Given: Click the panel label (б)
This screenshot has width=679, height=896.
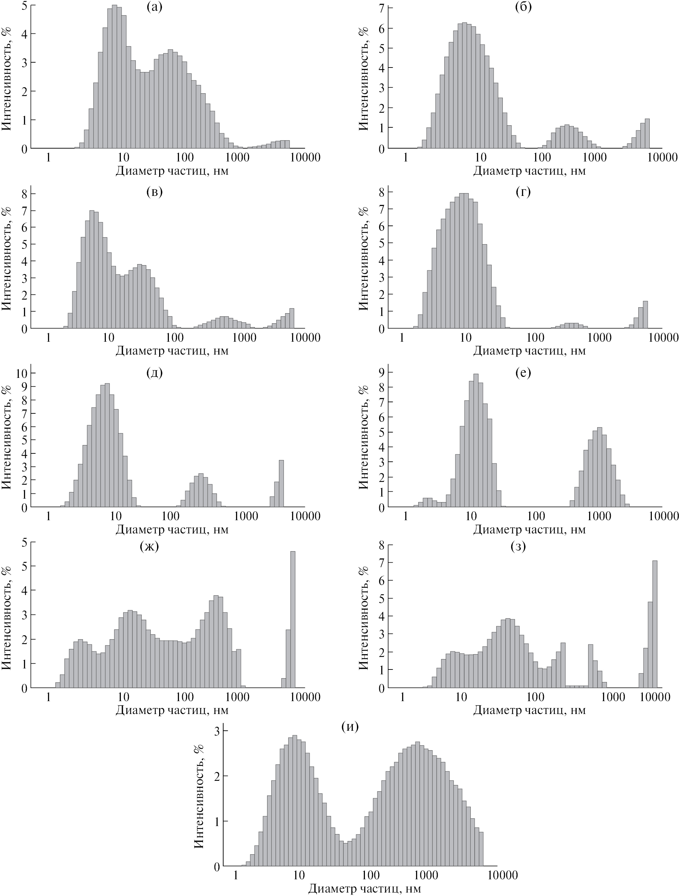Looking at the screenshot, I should pyautogui.click(x=523, y=7).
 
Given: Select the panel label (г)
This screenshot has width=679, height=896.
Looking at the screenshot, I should pyautogui.click(x=523, y=192).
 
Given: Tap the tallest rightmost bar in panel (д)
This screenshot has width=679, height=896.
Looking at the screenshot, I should pyautogui.click(x=281, y=483).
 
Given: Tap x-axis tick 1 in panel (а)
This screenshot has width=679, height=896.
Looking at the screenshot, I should pyautogui.click(x=48, y=157).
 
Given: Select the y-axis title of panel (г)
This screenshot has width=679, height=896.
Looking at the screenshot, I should pyautogui.click(x=364, y=259).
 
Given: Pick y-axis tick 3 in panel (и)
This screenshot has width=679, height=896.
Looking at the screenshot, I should pyautogui.click(x=217, y=731).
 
